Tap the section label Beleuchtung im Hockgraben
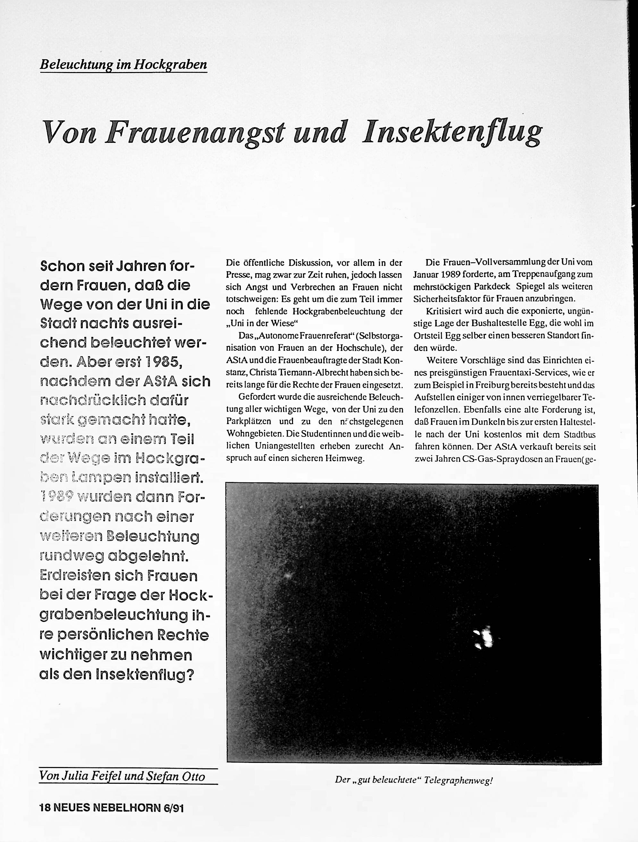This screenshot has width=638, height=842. click(x=123, y=65)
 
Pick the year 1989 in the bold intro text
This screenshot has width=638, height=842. click(x=57, y=497)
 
